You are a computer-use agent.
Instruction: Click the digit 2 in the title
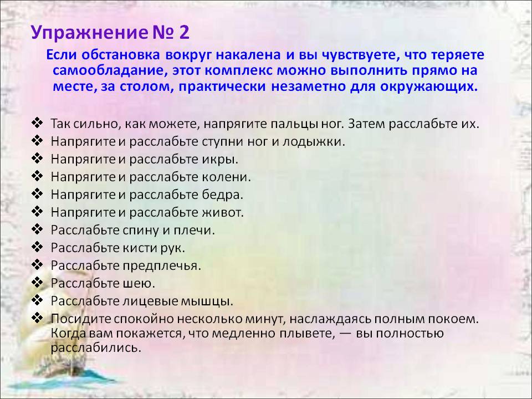click(182, 33)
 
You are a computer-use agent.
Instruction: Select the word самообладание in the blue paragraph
click(110, 70)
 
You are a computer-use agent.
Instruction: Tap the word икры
click(220, 160)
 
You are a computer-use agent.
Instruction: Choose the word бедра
click(223, 195)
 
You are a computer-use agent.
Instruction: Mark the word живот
click(223, 212)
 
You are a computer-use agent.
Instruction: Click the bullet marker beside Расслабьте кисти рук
click(37, 247)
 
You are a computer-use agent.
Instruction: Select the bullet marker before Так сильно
click(37, 122)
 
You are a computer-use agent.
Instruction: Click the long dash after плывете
click(345, 334)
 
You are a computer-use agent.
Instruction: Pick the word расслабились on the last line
click(96, 348)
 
